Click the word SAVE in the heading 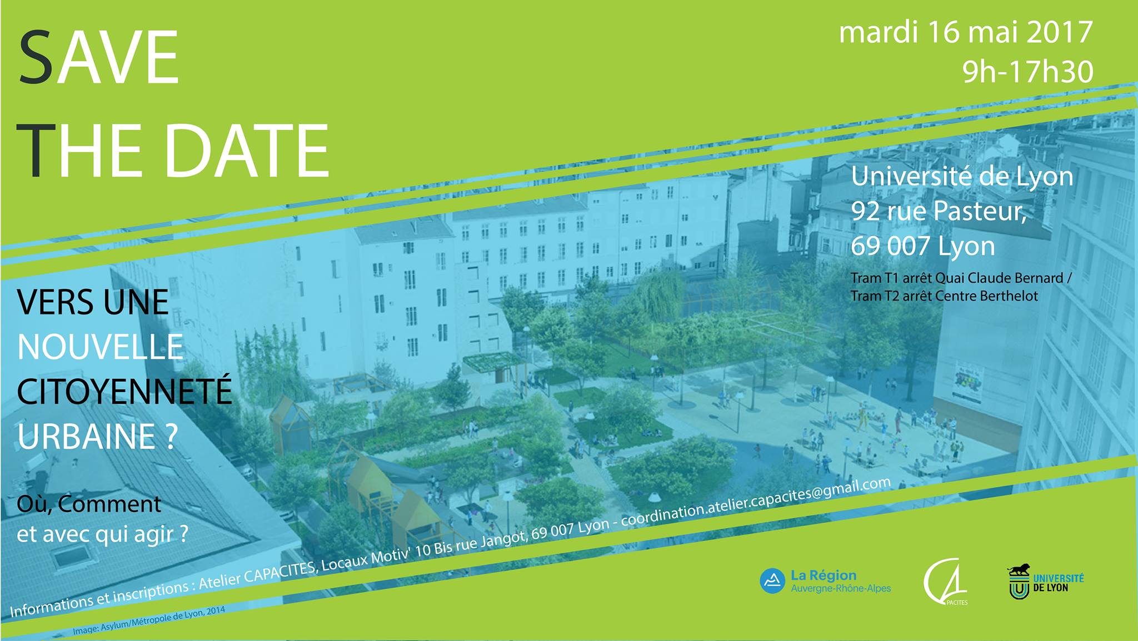(99, 58)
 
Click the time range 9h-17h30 (1028, 72)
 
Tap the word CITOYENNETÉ (124, 391)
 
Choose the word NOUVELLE (101, 347)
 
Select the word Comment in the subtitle (109, 504)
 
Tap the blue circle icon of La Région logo (772, 580)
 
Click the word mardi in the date (878, 32)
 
